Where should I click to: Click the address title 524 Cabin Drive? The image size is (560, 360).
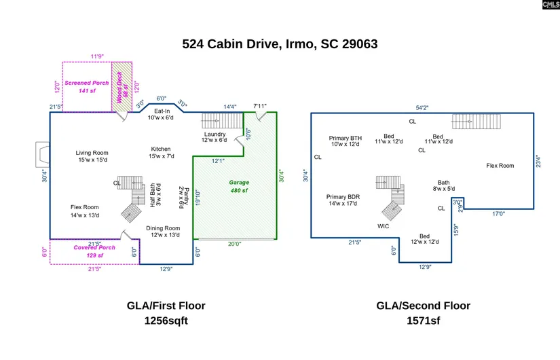coord(280,44)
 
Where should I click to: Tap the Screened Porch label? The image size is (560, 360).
coord(86,86)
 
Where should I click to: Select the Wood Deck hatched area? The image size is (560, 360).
coord(122,87)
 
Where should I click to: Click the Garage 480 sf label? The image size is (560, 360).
coord(238,186)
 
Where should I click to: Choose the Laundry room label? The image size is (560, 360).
coord(214,137)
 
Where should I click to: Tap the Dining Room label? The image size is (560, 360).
coord(164,231)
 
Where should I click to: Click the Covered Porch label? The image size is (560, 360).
coord(94,251)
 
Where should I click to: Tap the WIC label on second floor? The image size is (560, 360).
coord(384,226)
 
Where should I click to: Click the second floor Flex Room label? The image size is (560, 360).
coord(500,165)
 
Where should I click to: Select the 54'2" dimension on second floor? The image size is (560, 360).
coord(422,107)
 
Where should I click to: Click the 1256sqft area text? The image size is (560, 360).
coord(166,321)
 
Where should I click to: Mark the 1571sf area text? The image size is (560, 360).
coord(423,321)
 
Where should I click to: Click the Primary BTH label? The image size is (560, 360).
coord(346,141)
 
